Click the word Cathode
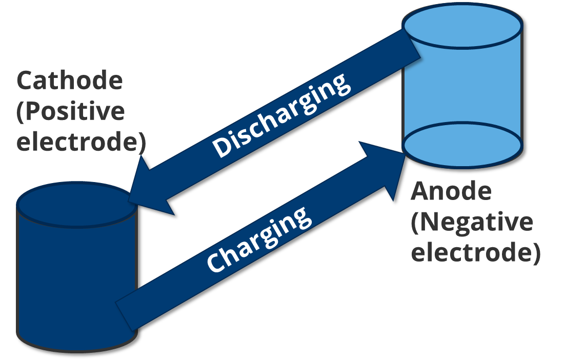click(x=70, y=81)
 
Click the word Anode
click(x=451, y=191)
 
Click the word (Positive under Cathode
click(x=70, y=111)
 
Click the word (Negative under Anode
click(x=472, y=222)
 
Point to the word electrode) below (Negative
click(x=475, y=253)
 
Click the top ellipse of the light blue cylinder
click(x=462, y=25)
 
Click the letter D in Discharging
click(x=222, y=147)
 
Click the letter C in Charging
click(x=214, y=262)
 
